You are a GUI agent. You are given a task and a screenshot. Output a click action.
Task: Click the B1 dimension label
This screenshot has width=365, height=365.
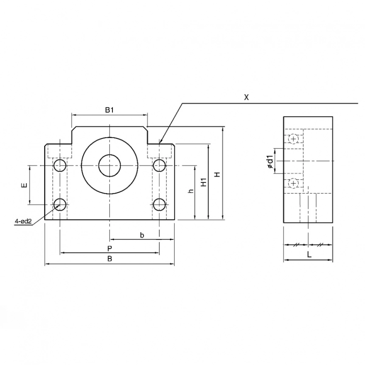109,110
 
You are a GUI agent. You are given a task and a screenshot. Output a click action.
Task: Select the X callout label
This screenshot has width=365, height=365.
246,97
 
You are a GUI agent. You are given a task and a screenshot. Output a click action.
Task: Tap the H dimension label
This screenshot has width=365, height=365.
217,174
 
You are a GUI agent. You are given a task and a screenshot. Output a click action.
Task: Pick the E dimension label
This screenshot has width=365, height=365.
24,185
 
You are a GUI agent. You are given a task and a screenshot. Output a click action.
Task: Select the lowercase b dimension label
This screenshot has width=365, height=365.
142,235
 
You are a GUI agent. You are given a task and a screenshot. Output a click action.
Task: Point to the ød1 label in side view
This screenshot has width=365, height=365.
270,162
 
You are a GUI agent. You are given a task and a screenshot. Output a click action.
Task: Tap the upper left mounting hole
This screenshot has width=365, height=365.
60,165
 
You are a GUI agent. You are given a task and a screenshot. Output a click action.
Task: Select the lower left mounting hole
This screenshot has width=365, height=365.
60,205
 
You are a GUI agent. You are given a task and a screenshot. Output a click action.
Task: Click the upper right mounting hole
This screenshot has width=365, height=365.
160,165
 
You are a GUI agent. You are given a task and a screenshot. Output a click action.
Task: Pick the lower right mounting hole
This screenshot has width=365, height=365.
160,205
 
